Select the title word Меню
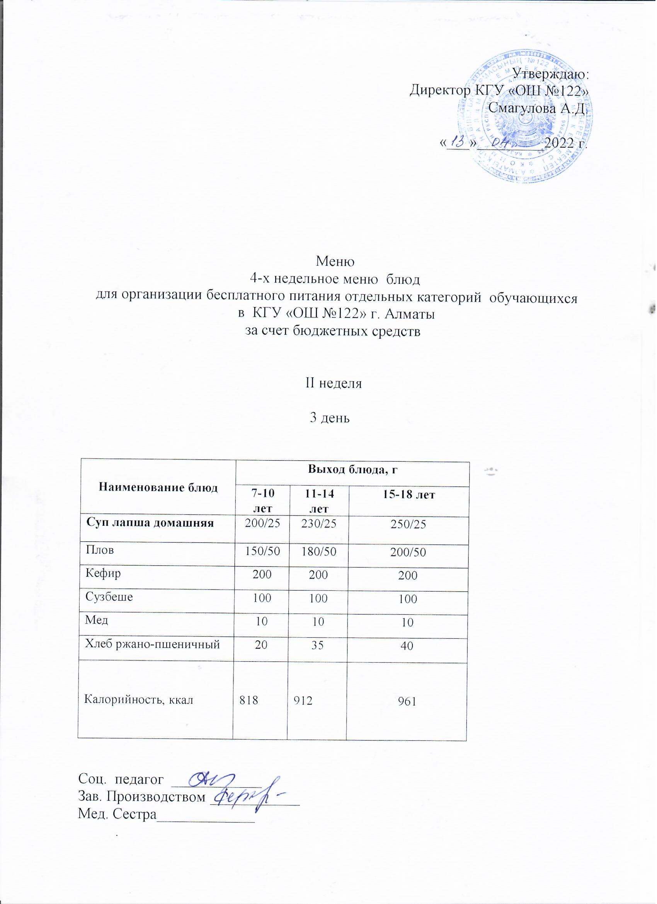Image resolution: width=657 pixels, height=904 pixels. [335, 262]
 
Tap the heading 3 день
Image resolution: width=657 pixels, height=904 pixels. [330, 418]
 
